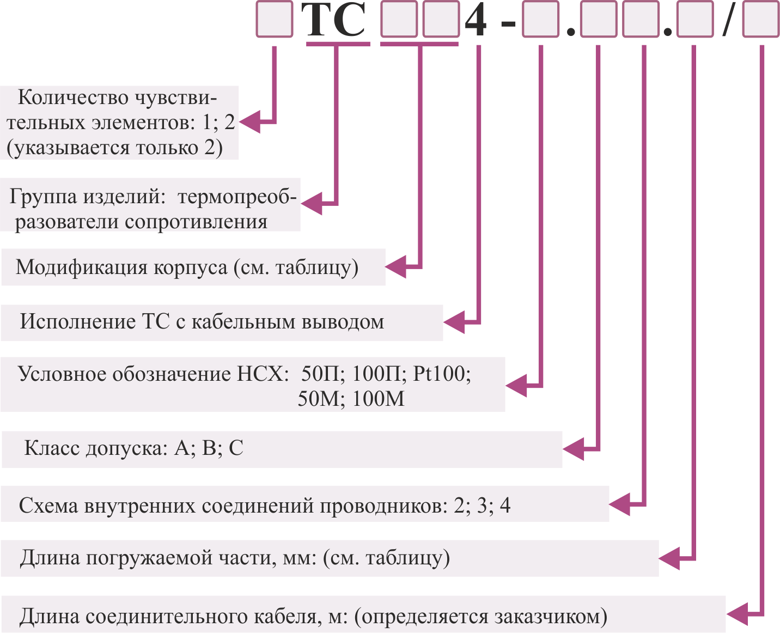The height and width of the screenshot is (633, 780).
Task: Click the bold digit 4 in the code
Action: [x=476, y=20]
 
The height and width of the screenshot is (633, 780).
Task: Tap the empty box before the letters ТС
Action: [x=275, y=19]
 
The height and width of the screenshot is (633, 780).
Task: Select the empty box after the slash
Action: [x=760, y=19]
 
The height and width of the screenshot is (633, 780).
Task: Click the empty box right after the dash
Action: [x=540, y=19]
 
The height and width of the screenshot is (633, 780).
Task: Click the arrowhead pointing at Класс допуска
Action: [x=573, y=449]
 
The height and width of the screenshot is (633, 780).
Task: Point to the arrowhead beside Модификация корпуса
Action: [x=395, y=267]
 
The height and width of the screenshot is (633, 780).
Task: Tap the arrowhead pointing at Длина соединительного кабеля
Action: [x=737, y=614]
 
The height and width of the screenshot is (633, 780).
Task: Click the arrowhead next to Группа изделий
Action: [x=311, y=204]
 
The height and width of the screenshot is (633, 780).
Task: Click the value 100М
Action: [x=378, y=398]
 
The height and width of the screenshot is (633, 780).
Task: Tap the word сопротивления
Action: [x=196, y=222]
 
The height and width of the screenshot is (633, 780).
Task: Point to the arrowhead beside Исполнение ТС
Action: [x=454, y=322]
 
